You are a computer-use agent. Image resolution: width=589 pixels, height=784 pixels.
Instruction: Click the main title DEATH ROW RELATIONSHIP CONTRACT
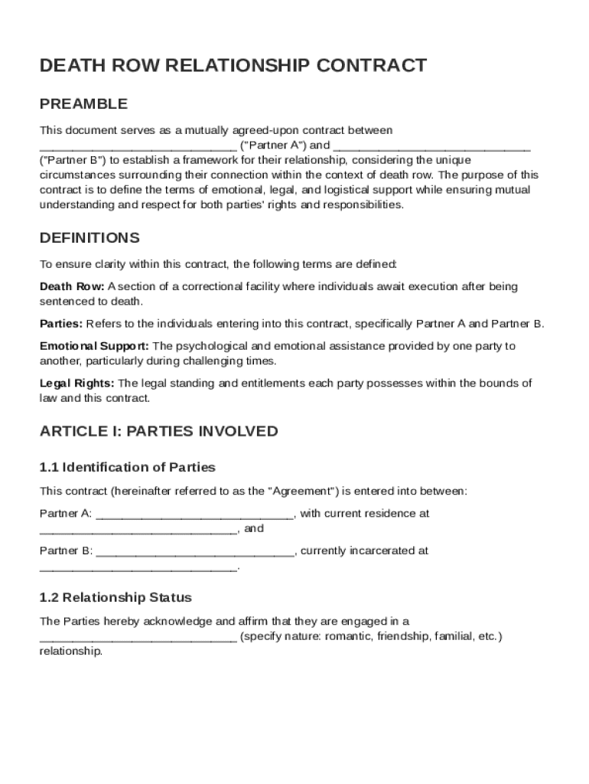coord(233,66)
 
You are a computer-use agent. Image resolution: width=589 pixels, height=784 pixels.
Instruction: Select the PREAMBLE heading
coord(83,103)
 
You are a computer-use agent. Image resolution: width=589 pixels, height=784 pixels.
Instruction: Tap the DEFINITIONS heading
coord(89,237)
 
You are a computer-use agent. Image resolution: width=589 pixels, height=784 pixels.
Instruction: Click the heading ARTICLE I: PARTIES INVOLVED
coord(158,431)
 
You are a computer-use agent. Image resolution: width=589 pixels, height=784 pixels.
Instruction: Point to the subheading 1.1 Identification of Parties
coord(128,467)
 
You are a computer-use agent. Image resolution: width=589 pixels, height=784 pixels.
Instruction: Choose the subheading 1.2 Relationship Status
coord(116,597)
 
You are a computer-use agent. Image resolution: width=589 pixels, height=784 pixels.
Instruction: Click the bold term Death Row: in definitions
coord(72,286)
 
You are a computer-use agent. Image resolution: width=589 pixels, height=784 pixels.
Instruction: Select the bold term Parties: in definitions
coord(61,323)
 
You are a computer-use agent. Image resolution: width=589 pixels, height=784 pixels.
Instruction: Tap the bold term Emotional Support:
coord(95,346)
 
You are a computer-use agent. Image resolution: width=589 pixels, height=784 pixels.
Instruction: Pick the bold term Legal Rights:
coord(77,383)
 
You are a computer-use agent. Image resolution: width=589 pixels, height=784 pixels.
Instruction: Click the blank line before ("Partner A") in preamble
coord(138,145)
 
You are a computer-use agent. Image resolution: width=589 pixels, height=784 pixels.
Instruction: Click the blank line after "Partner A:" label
coord(195,514)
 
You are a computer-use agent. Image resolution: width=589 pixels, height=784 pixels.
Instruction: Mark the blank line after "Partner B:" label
coord(195,550)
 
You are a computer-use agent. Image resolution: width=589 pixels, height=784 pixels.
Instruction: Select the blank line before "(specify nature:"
coord(138,637)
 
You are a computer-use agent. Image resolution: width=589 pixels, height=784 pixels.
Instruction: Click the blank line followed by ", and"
coord(138,529)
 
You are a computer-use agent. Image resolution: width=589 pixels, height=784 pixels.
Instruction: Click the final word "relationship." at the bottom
coord(70,652)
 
